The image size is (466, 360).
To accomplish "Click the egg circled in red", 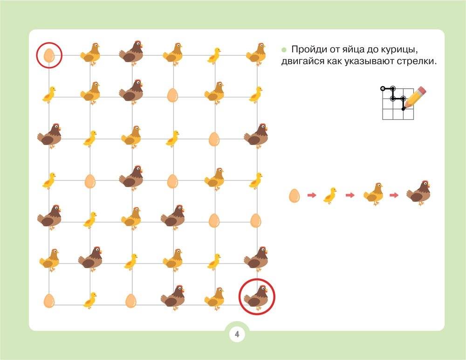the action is pos(49,55).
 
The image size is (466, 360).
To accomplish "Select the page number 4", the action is pos(237,334).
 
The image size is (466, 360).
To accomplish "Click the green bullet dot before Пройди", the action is pos(284,50).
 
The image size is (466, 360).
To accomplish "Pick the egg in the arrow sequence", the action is pos(294,196).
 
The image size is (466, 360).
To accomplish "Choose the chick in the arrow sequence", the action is pos(330,195).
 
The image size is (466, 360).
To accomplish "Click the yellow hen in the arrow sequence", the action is pos(374,194).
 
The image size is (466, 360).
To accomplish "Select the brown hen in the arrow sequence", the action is pos(418,193).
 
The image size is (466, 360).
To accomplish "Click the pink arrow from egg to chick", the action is pos(312,195).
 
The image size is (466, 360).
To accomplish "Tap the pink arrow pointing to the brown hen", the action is pos(394,195).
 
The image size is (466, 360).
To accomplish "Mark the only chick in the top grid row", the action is pos(214,56).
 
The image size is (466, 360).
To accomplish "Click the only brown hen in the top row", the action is pos(131,53).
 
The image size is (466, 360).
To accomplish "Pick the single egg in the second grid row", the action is pos(172,95).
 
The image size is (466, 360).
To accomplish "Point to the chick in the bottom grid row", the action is pos(90,300).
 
